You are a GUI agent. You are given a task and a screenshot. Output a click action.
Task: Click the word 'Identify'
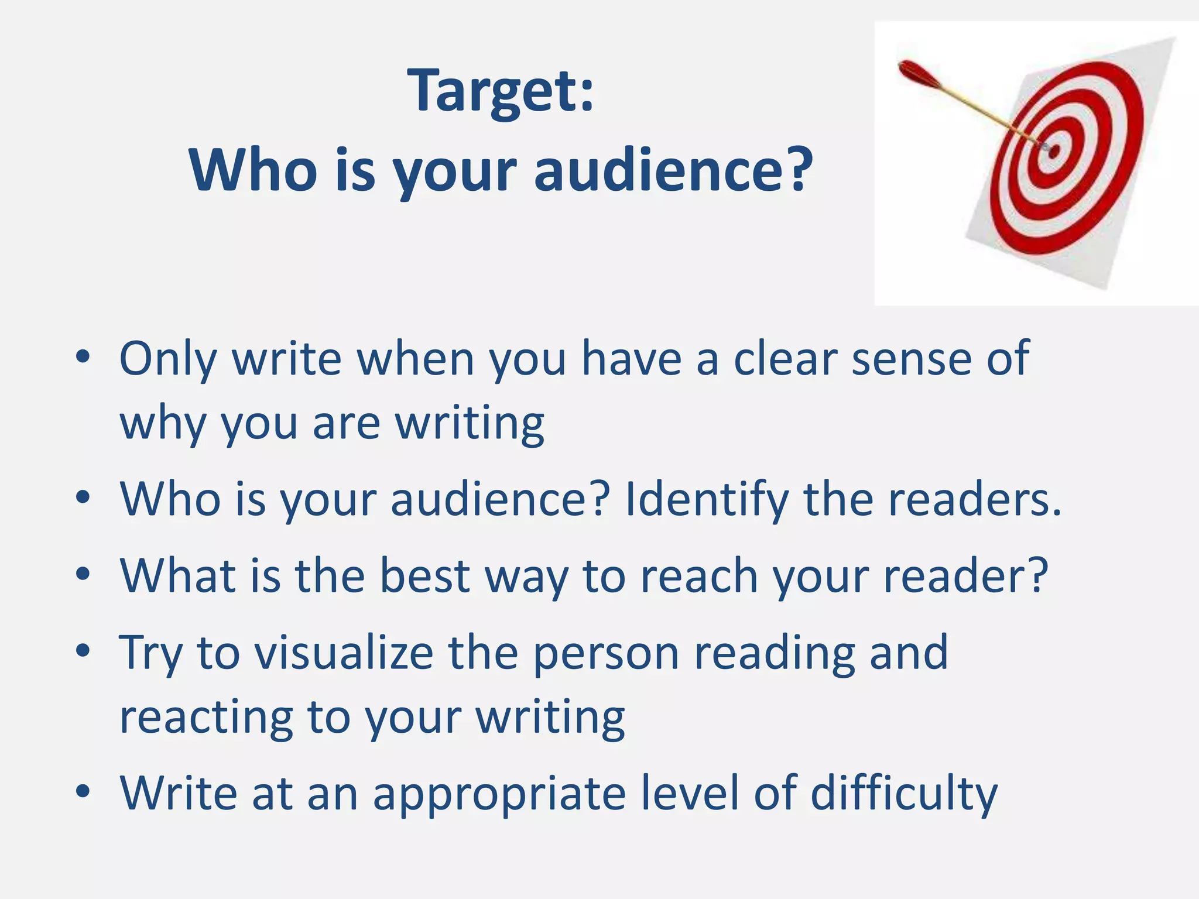[707, 499]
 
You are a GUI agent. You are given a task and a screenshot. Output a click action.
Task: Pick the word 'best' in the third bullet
[425, 576]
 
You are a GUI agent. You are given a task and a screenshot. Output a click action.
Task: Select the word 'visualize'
[344, 653]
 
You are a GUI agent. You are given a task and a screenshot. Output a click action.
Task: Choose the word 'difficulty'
[904, 794]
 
